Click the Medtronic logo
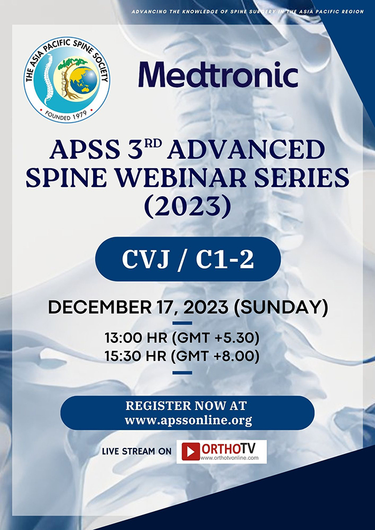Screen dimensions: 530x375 pyautogui.click(x=218, y=75)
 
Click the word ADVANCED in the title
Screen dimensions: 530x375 pyautogui.click(x=262, y=151)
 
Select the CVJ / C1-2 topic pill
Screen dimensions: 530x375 pyautogui.click(x=187, y=260)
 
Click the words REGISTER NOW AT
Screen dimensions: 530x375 pyautogui.click(x=186, y=406)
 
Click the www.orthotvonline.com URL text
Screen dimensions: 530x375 pyautogui.click(x=233, y=458)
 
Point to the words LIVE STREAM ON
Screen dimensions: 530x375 pyautogui.click(x=136, y=451)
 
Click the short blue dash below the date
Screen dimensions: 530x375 pyautogui.click(x=182, y=323)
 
